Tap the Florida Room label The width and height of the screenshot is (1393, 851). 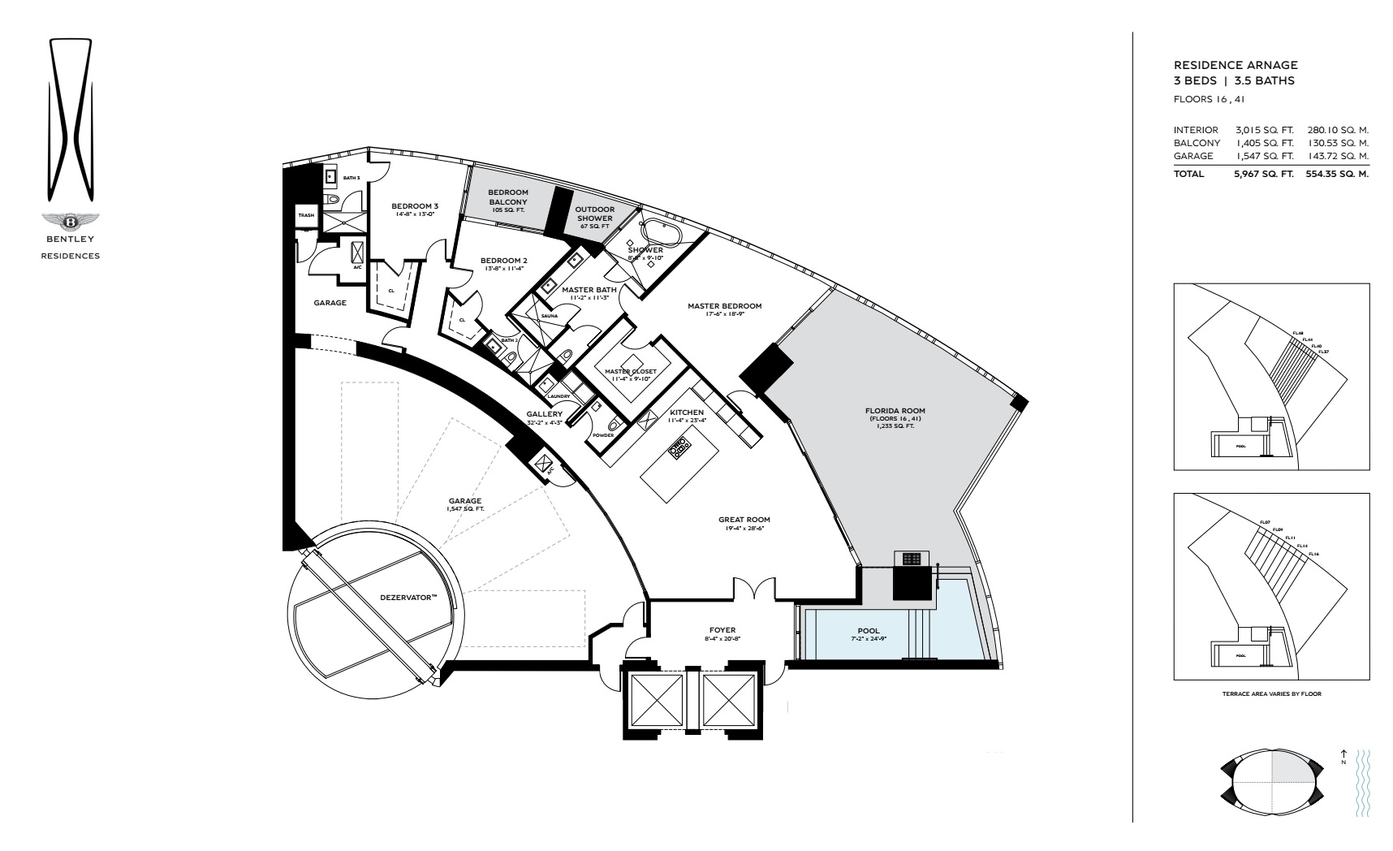[895, 411]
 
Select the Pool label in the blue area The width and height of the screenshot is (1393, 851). [868, 631]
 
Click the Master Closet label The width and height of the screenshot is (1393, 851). [630, 371]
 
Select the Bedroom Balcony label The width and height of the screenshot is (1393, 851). [508, 197]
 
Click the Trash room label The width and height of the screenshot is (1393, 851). [306, 215]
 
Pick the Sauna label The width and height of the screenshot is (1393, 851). [549, 315]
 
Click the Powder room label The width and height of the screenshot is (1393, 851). [602, 434]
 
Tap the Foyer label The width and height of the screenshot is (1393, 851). [722, 629]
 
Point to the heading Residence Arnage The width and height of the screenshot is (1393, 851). [1236, 65]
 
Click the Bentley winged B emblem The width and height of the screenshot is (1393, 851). [71, 222]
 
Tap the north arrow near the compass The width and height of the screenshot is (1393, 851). [1343, 754]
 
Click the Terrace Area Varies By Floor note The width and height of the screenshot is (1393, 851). [1272, 694]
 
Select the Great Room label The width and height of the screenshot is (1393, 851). [744, 520]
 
